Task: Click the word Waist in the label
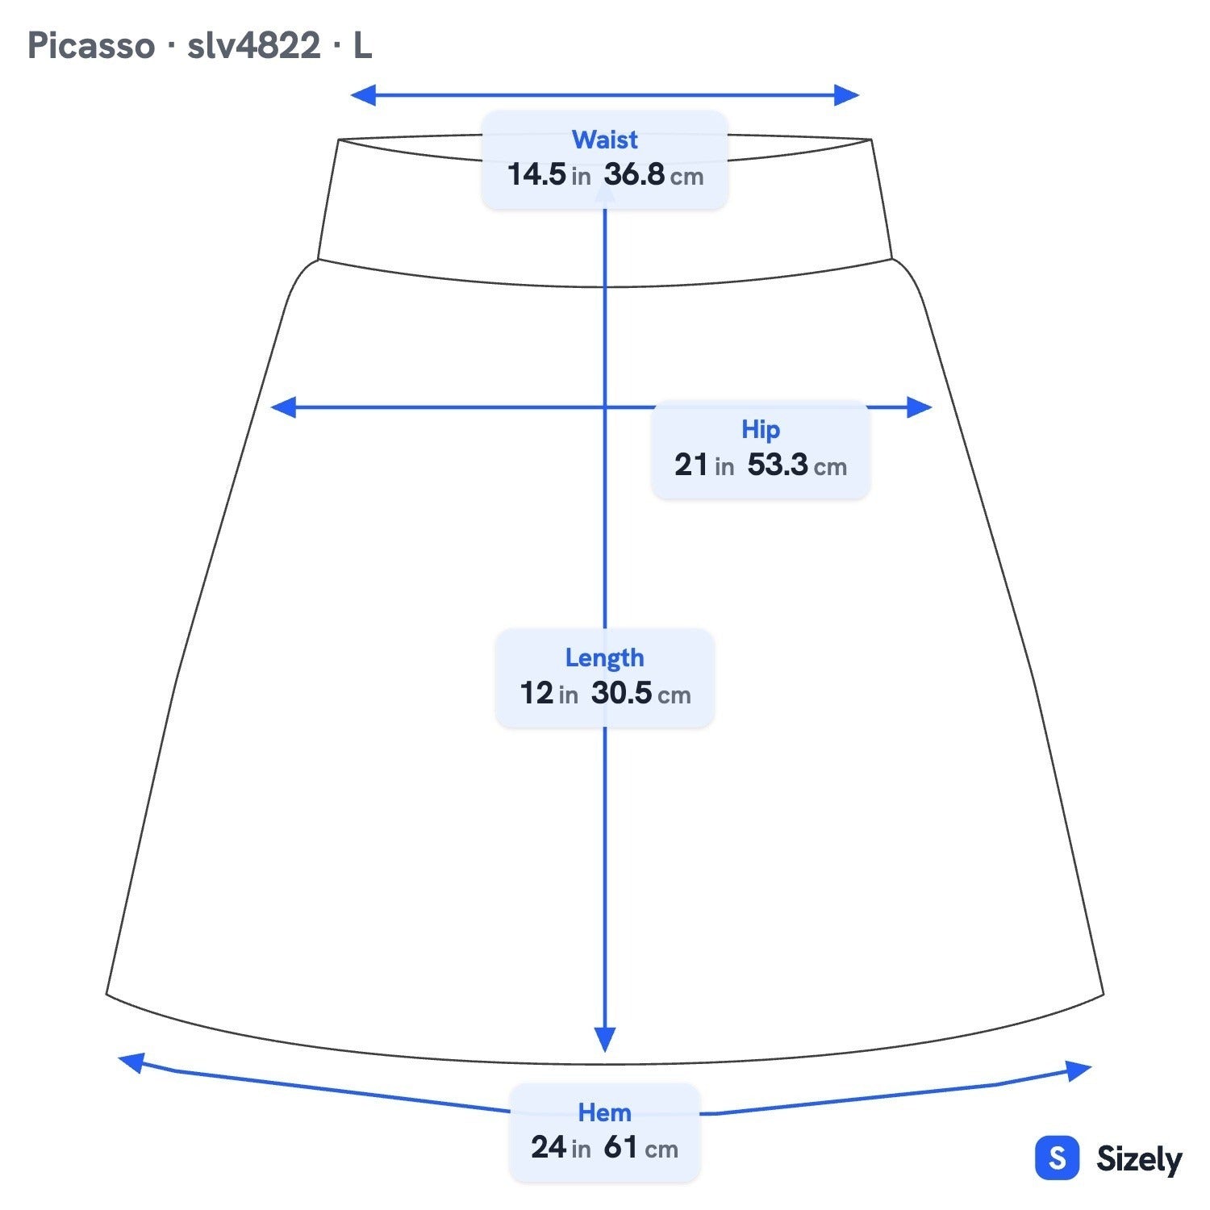click(604, 140)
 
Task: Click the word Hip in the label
click(761, 430)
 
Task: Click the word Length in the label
click(604, 658)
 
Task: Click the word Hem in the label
click(604, 1113)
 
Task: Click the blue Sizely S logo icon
click(1057, 1158)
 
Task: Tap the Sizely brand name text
click(1139, 1160)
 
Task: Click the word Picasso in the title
click(91, 46)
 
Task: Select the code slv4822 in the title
click(254, 46)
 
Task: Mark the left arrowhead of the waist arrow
click(363, 95)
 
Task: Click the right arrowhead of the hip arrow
click(920, 407)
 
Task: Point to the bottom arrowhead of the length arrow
click(605, 1039)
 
